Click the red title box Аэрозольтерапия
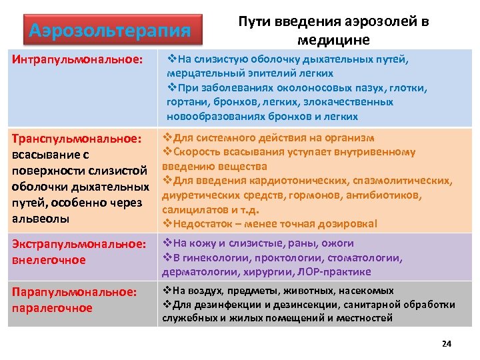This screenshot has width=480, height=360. (x=111, y=31)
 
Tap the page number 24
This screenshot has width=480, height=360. (x=447, y=344)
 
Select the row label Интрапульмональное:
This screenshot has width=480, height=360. (x=77, y=61)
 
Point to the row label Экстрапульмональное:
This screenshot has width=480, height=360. (x=79, y=244)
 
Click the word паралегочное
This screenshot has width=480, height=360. (x=51, y=308)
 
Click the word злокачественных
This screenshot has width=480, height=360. (x=350, y=102)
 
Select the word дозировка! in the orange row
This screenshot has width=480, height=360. (x=349, y=223)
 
